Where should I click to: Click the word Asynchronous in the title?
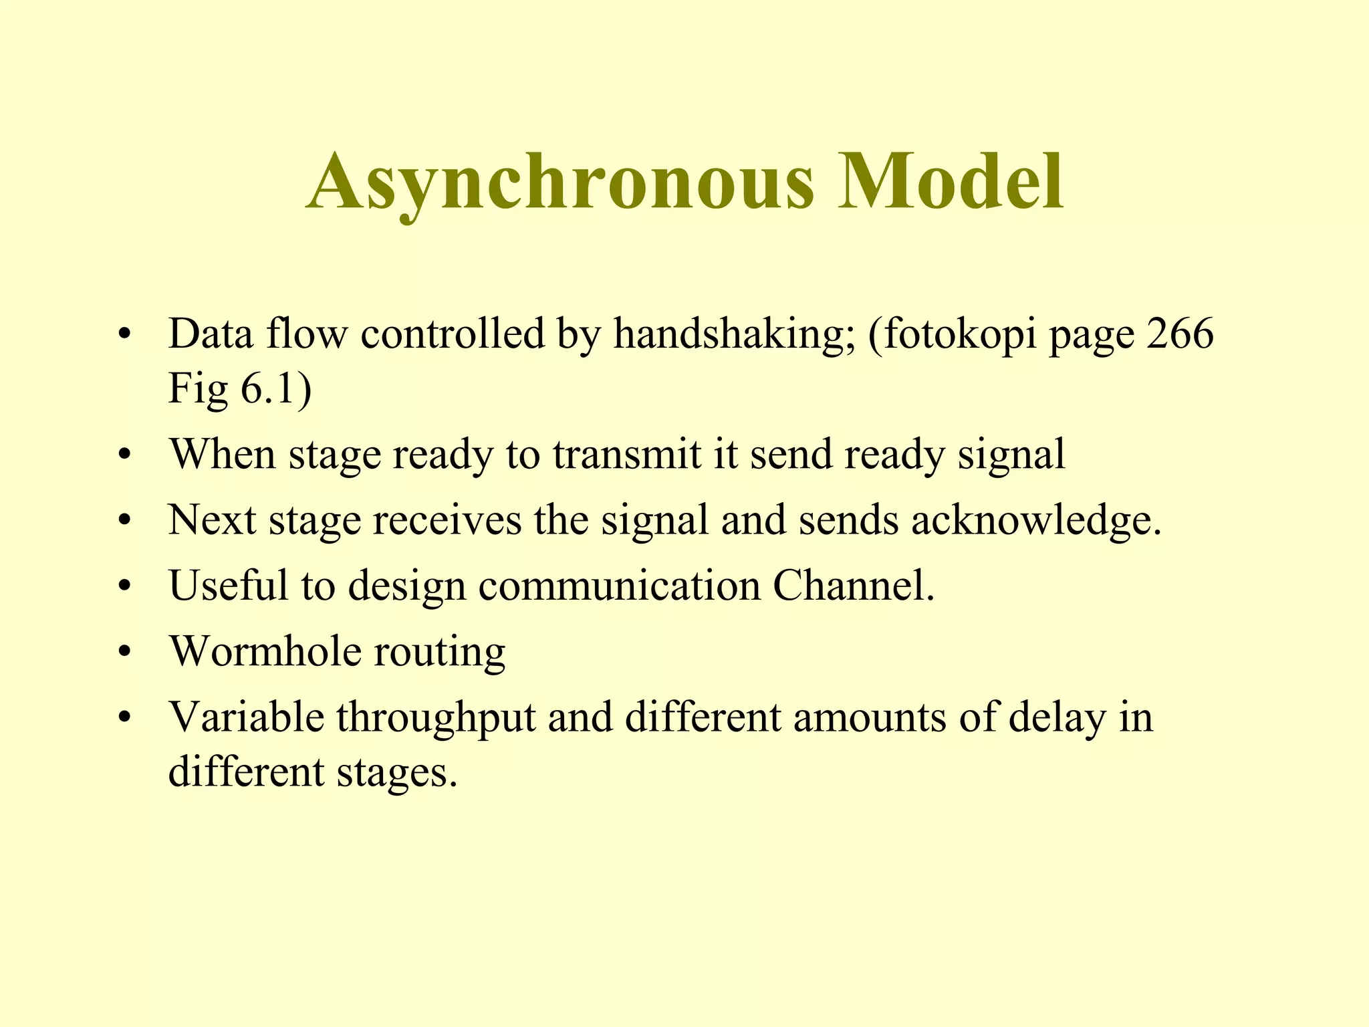[560, 182]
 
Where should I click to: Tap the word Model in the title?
[950, 182]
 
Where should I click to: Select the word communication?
[620, 585]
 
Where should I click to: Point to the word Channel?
[853, 585]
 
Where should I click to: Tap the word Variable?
[246, 717]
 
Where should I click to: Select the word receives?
[447, 520]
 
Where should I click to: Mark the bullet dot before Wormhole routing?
[124, 653]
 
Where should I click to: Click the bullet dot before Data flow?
[124, 335]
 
